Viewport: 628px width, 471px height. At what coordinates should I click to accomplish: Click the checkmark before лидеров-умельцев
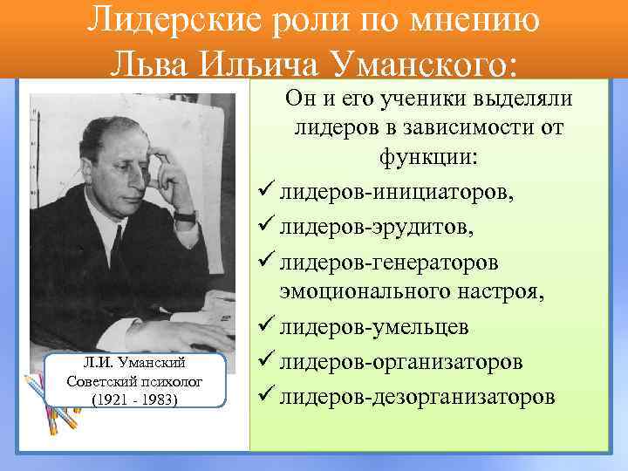[266, 328]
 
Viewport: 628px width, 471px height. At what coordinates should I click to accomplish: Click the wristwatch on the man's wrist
[184, 215]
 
